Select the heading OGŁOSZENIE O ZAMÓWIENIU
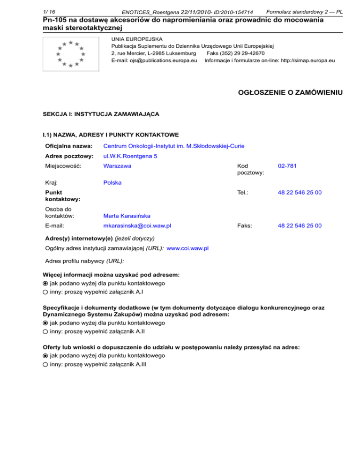coord(291,92)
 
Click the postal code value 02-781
coord(286,166)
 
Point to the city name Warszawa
coord(117,166)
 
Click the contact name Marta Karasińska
coord(127,216)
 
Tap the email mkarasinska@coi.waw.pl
coord(137,225)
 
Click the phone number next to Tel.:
coord(300,193)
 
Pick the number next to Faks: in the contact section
coord(300,225)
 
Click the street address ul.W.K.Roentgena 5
coord(130,156)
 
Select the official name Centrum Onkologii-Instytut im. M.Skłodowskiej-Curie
coord(173,146)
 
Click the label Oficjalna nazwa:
coord(68,146)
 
